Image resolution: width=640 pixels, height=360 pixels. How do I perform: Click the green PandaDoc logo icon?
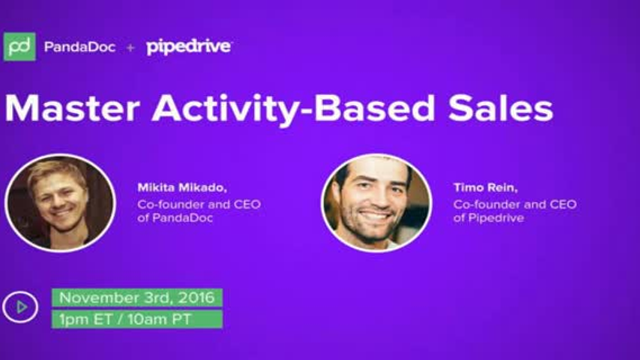coord(20,46)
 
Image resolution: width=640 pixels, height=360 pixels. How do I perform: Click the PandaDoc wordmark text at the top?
coord(79,47)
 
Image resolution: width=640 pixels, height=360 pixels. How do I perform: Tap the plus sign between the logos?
coord(130,47)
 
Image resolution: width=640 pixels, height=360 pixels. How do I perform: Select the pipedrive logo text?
coord(189,47)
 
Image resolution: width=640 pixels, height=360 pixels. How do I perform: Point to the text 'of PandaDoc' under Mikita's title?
coord(168,220)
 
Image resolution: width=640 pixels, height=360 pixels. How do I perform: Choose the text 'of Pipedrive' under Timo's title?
coord(484,220)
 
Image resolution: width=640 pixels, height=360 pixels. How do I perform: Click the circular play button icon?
coord(20,307)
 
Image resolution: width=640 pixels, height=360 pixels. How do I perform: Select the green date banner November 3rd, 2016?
coord(137,297)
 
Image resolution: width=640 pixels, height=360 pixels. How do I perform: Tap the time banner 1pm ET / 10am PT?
coord(137,319)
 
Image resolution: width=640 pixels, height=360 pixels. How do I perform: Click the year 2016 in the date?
coord(198,297)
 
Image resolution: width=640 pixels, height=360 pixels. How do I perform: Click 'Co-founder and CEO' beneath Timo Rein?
coord(514,204)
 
